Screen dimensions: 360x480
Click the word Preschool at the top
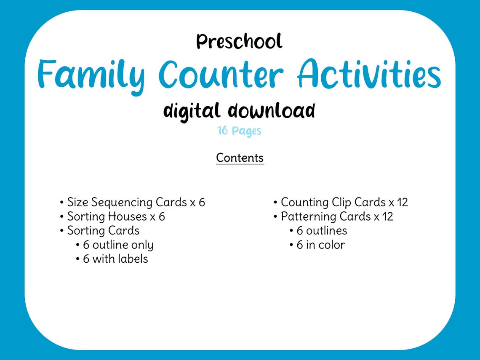pos(239,42)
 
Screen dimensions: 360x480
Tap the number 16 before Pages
pos(223,131)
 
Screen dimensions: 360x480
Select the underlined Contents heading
pos(240,158)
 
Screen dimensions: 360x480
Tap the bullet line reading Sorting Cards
pos(103,231)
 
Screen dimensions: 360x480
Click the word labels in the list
pos(133,259)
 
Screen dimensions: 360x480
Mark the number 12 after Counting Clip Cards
pos(402,203)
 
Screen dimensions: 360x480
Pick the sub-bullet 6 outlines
pos(322,231)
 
